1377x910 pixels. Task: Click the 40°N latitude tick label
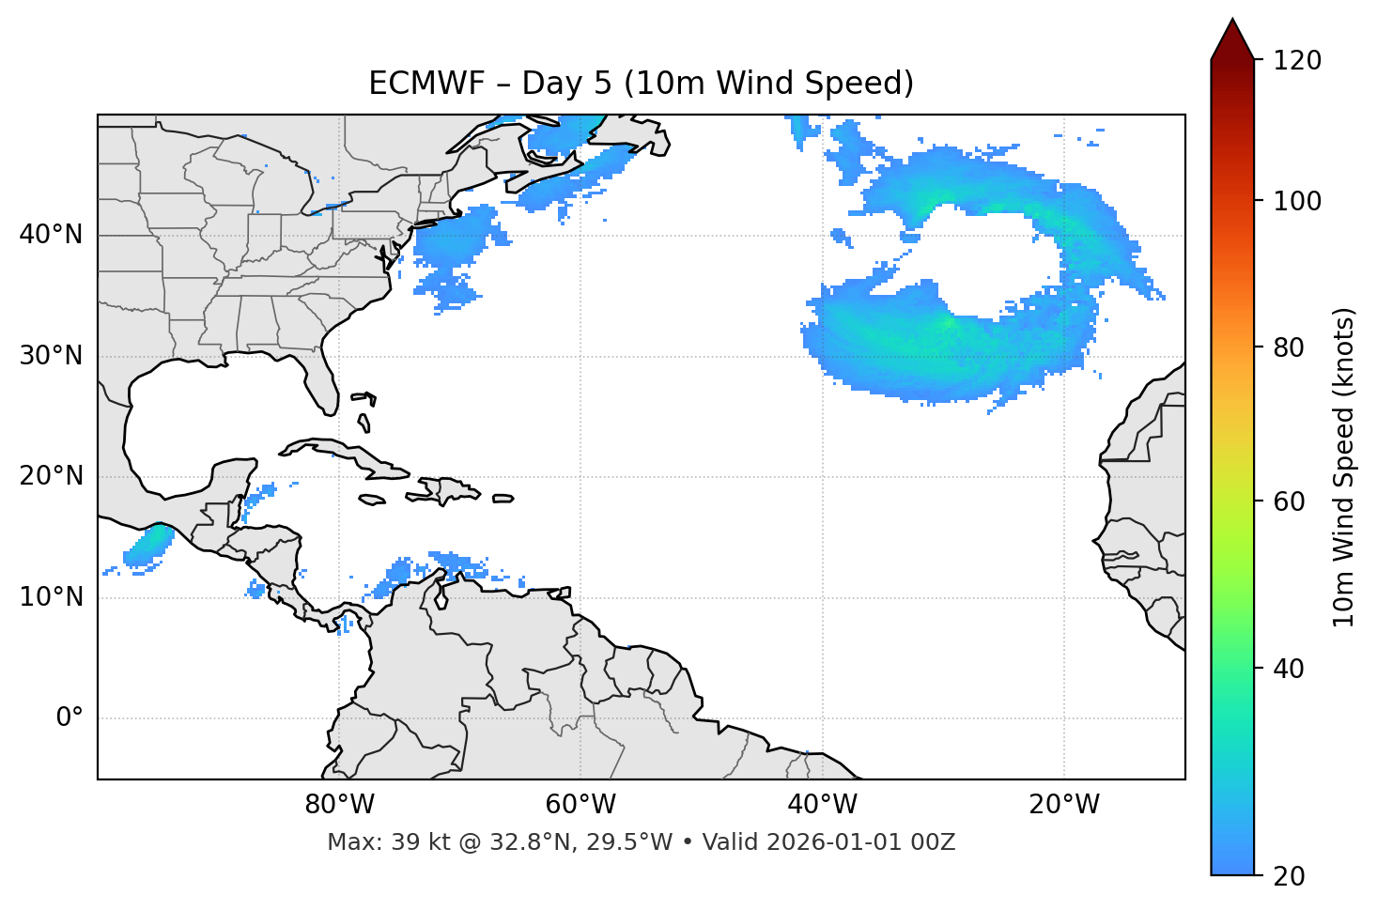[x=51, y=235]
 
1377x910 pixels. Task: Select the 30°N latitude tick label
[x=51, y=356]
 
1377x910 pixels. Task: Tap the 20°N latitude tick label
[x=51, y=476]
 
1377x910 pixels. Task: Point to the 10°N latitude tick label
[x=51, y=597]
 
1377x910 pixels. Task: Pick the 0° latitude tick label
[x=70, y=718]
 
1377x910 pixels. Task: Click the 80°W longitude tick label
[x=339, y=805]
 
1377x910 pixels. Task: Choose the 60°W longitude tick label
[x=580, y=805]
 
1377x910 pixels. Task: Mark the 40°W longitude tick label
[x=822, y=805]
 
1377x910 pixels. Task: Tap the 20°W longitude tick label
[x=1064, y=805]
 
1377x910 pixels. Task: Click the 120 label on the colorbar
[x=1296, y=61]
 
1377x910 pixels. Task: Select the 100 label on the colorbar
[x=1296, y=201]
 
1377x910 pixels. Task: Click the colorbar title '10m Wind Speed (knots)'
[x=1344, y=467]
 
